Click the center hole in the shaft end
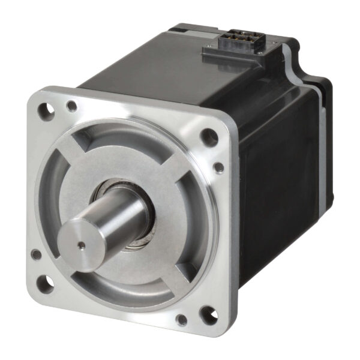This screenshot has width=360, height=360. (80, 244)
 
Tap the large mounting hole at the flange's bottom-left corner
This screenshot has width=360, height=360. (45, 280)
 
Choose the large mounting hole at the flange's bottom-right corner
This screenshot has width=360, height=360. (206, 313)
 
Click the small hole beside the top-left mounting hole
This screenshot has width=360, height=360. (72, 107)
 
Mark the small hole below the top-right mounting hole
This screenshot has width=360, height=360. (219, 167)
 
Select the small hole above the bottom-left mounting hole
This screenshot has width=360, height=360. (37, 254)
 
